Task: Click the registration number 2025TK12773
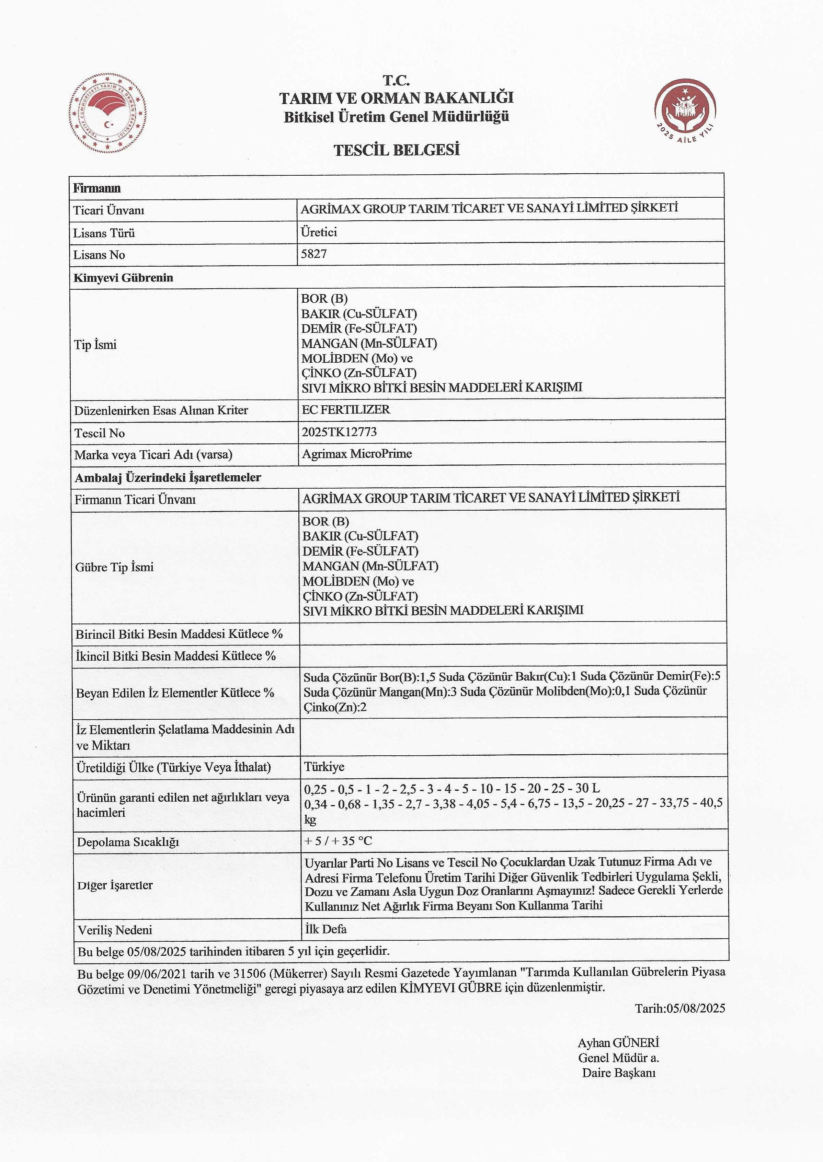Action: [x=339, y=432]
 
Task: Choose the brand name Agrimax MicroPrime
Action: [x=357, y=454]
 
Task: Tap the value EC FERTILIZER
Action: [x=346, y=409]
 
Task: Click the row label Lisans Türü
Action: [x=104, y=233]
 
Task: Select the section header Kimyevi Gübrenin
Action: [x=123, y=278]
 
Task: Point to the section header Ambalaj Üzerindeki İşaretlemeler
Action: [x=168, y=477]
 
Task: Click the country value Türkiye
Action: [x=324, y=766]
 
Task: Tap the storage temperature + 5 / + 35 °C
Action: [x=338, y=841]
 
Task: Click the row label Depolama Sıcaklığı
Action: [x=128, y=842]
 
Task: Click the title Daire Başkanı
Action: [x=618, y=1072]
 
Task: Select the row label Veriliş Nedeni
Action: [x=115, y=930]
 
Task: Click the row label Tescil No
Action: [x=99, y=433]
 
